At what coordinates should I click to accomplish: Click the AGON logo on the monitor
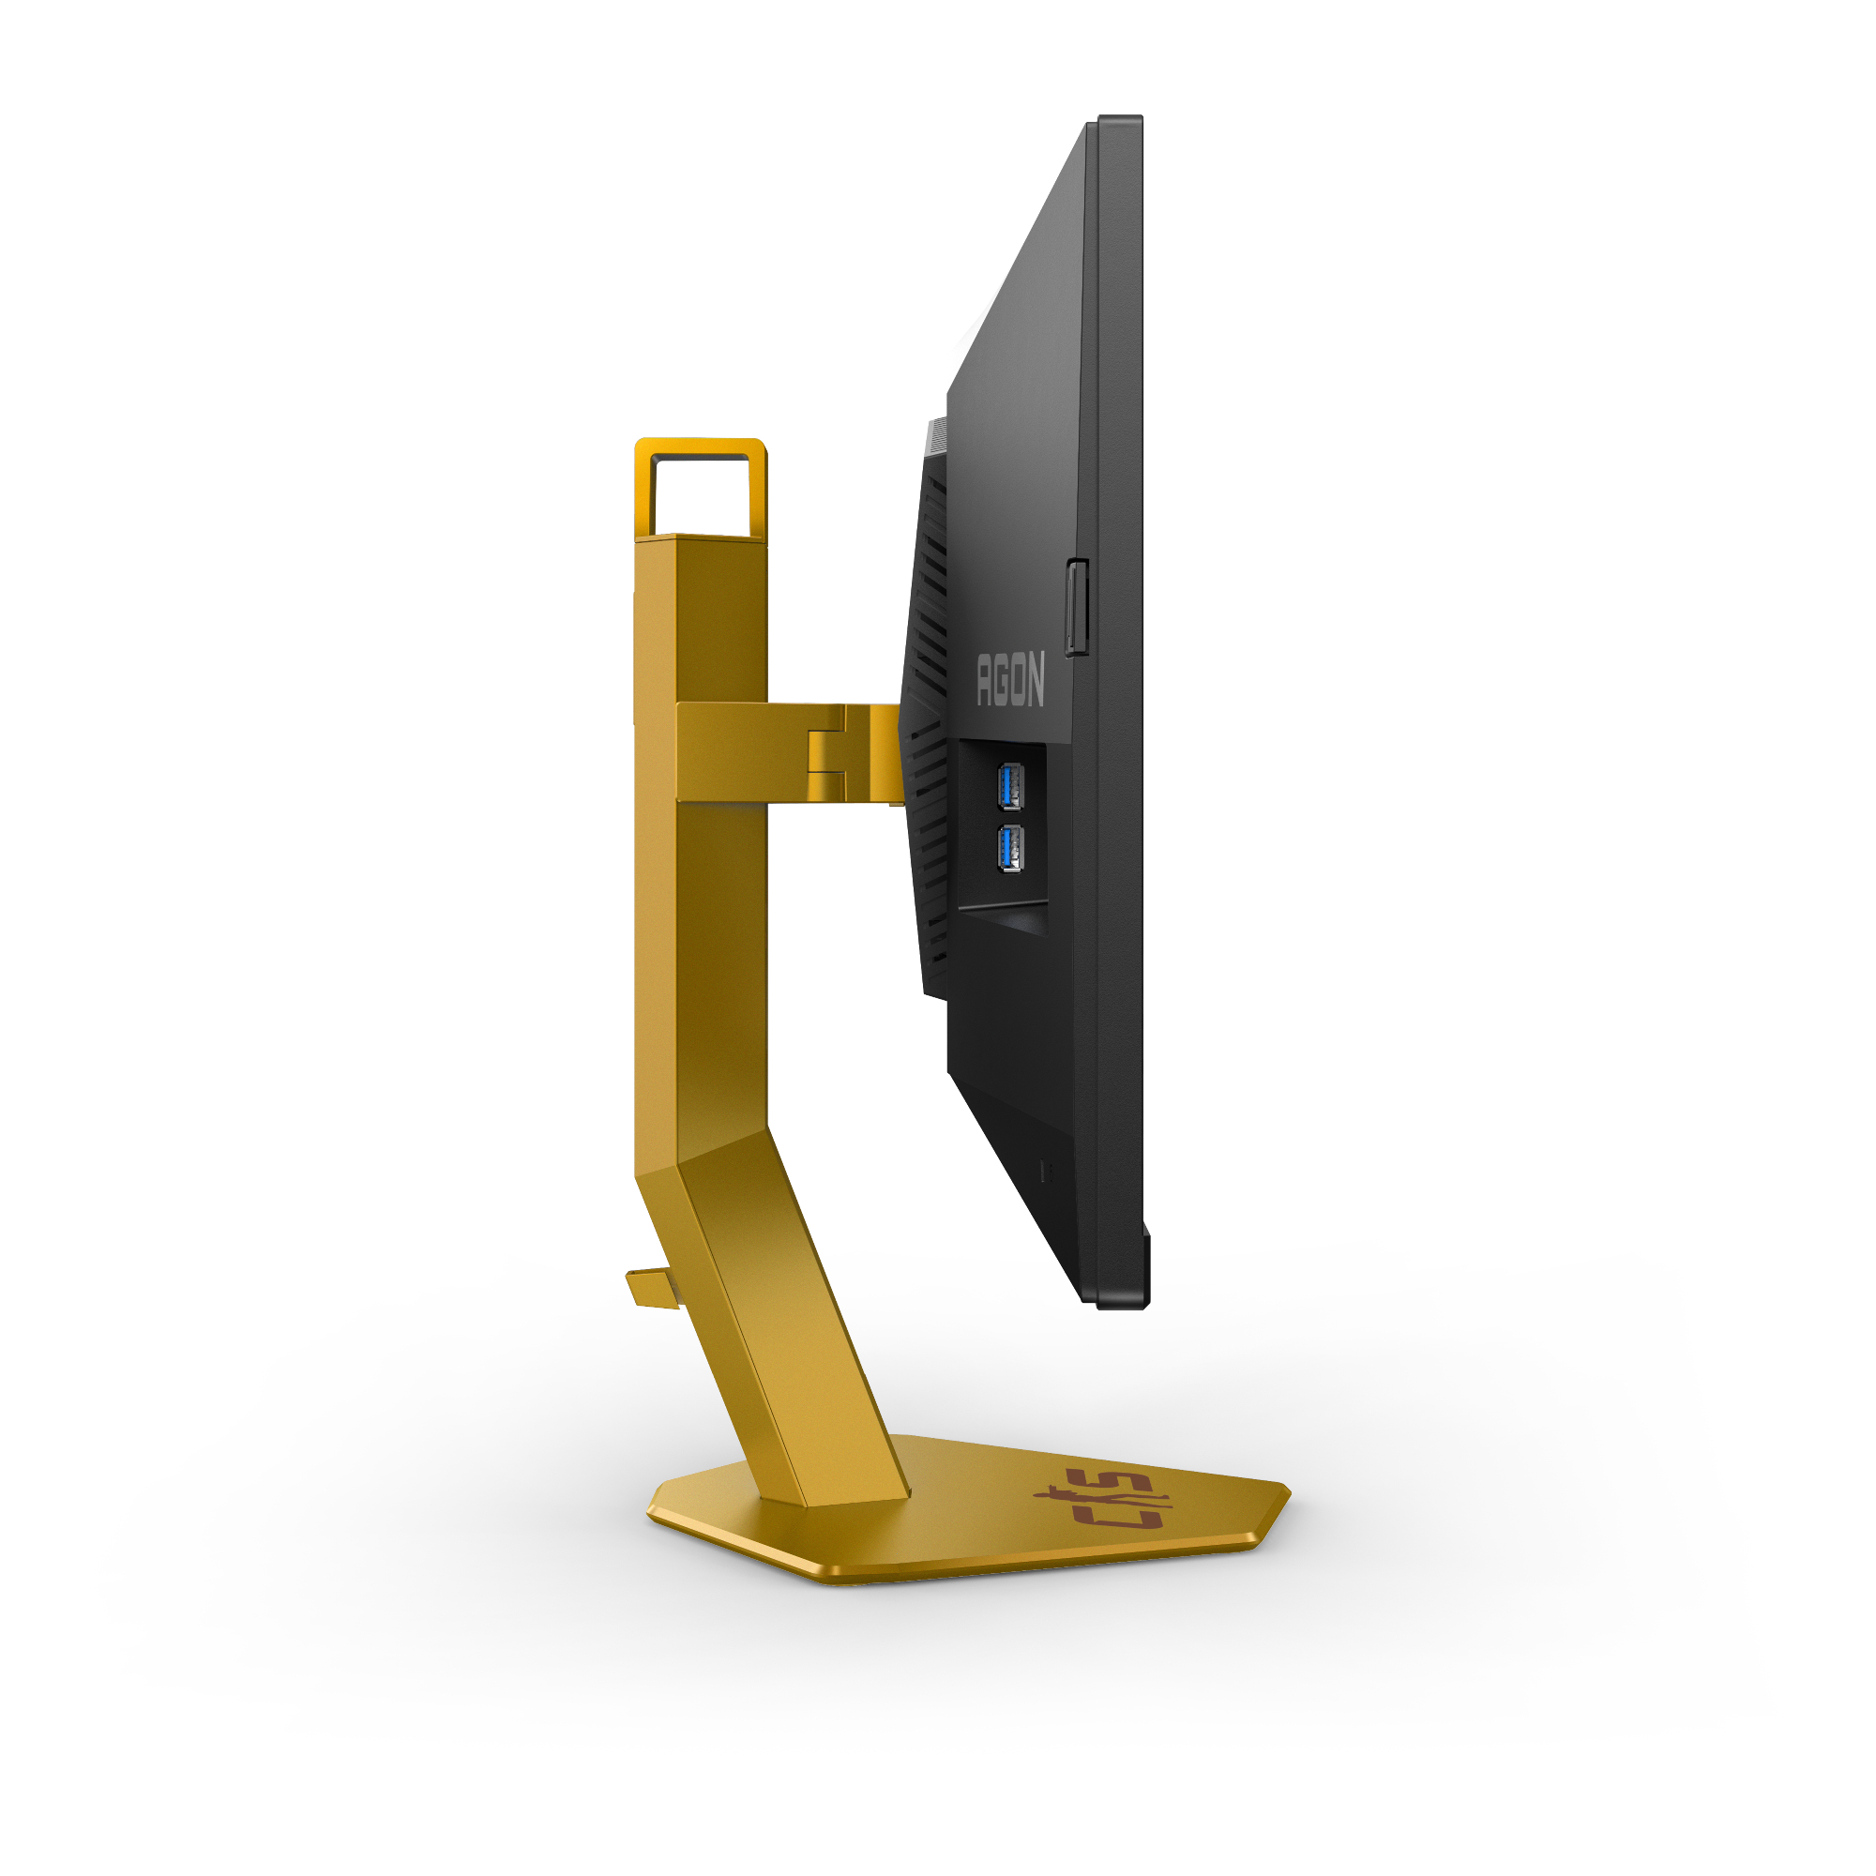tap(1011, 679)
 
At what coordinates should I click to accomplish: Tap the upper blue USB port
tap(1010, 785)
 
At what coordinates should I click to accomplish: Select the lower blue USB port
tap(1010, 848)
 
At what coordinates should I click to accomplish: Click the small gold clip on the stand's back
tap(652, 1288)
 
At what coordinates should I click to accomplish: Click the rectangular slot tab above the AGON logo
tap(1077, 608)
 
